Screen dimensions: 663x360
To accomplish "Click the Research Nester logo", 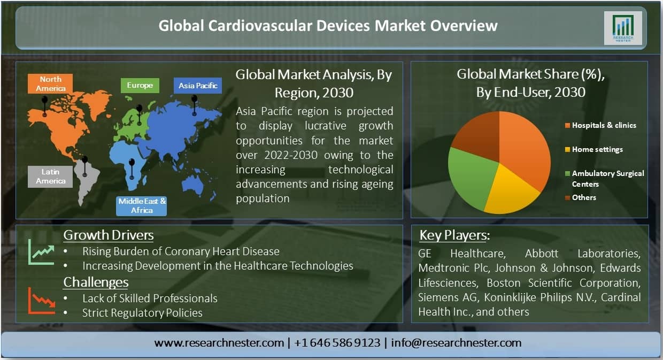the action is [x=623, y=28].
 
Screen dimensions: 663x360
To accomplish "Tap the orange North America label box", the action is [x=50, y=84].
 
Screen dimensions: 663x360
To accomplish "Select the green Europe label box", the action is [x=140, y=86].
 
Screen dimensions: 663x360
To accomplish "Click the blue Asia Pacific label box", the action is [x=198, y=86].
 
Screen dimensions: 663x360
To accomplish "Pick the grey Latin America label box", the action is [x=50, y=177].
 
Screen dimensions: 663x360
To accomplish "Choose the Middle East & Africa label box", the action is [x=142, y=206].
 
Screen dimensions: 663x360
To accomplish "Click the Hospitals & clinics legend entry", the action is [x=600, y=125].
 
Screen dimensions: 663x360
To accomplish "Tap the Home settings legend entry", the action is [x=593, y=149].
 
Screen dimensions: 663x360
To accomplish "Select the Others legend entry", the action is [x=581, y=197].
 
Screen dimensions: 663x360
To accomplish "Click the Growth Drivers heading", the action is [x=109, y=235].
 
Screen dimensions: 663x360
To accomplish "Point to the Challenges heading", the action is [x=96, y=282].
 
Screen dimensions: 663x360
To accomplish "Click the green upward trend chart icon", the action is [x=42, y=252].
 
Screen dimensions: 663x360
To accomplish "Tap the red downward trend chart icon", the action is [x=42, y=301].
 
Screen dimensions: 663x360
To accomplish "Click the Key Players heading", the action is [x=454, y=235].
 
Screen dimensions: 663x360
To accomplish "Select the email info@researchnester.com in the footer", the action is [x=456, y=343].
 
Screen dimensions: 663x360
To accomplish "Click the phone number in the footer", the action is [x=337, y=343].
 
